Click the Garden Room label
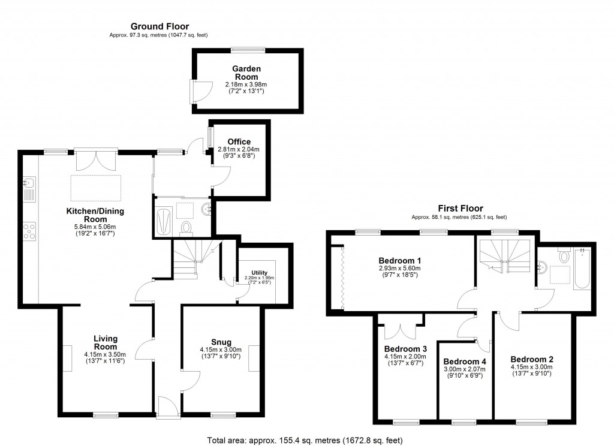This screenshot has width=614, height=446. point(246,73)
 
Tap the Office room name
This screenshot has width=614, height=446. point(239,142)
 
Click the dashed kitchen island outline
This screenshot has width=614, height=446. point(96,188)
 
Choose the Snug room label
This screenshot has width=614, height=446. point(221,342)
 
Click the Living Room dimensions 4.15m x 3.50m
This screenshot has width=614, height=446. point(105,354)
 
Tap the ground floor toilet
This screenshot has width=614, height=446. point(186,227)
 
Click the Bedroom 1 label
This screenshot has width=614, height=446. point(399,261)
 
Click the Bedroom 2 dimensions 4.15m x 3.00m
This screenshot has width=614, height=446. point(532,366)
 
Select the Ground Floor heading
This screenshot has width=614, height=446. point(159,26)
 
